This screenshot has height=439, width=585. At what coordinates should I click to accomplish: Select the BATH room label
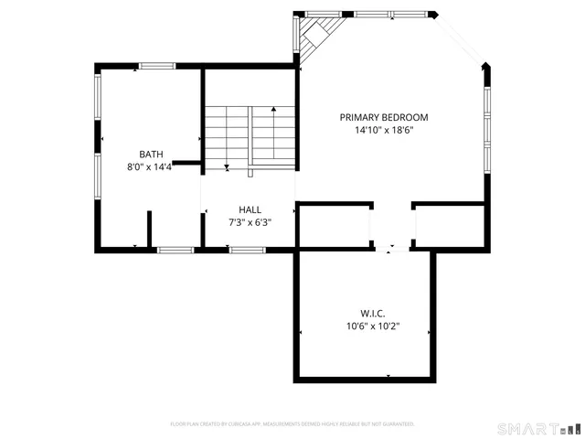coord(151,154)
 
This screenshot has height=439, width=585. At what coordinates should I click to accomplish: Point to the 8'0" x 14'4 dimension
coord(150,167)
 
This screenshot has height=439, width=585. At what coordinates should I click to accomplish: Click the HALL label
coord(250,209)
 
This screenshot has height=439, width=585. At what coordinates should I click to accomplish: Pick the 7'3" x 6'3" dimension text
coord(250,221)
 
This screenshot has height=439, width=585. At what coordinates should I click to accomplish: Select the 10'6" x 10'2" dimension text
coord(372,326)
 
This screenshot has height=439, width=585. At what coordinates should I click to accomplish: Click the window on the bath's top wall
coord(157,65)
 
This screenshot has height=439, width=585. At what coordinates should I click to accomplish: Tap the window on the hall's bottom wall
coord(247,250)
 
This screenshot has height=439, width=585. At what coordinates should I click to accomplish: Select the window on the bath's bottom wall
coord(175,250)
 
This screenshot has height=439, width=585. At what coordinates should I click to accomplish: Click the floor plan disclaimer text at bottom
coord(292,424)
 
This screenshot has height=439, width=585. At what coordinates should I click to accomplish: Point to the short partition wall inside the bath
coord(148,230)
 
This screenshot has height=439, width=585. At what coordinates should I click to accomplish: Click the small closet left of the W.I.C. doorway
coord(333,226)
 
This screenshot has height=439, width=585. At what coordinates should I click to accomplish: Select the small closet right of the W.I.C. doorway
coord(448,226)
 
